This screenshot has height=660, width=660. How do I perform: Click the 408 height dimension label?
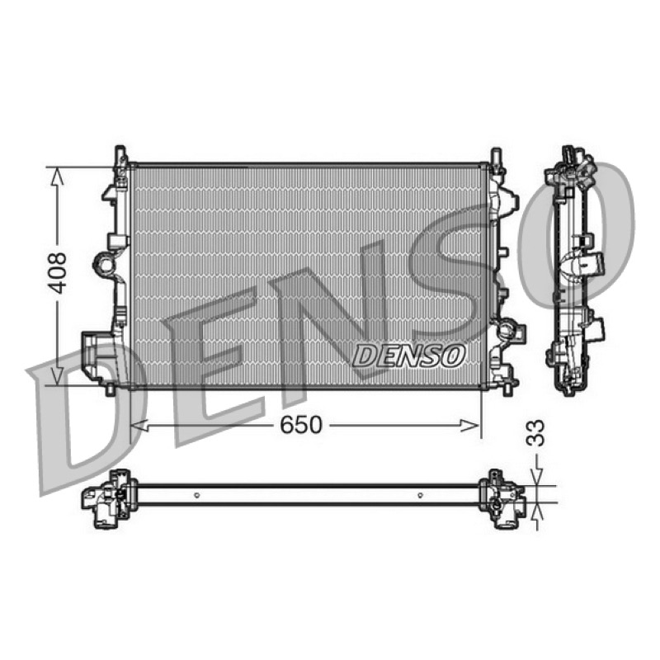tap(57, 273)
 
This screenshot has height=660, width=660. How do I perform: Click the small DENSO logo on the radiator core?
tap(408, 355)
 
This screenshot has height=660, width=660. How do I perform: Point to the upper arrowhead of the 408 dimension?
tap(57, 176)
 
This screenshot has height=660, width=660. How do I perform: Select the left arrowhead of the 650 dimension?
tap(139, 425)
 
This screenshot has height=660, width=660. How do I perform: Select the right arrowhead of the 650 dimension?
tap(470, 426)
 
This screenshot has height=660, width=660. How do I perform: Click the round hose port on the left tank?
tap(104, 264)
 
